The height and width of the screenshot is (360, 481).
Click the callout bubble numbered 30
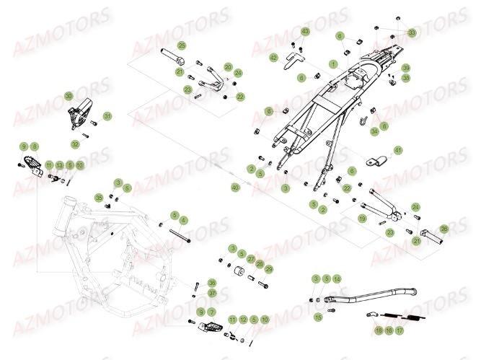tap(69, 96)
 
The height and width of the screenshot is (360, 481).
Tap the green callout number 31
tap(107, 116)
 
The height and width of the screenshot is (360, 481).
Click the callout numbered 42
tap(273, 57)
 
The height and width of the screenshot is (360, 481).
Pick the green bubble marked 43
tap(304, 32)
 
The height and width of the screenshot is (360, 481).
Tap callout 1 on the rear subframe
tap(332, 63)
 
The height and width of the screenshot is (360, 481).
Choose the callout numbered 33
tap(412, 33)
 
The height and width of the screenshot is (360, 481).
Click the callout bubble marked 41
tap(398, 150)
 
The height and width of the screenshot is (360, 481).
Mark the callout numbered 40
tap(234, 188)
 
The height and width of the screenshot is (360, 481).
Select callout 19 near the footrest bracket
tap(363, 217)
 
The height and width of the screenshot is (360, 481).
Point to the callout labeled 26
tap(444, 229)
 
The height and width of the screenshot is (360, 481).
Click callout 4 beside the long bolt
tap(184, 220)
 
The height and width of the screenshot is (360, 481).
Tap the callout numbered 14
tap(337, 278)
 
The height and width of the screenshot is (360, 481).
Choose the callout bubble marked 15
tap(318, 317)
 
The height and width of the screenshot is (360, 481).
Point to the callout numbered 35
tap(99, 197)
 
